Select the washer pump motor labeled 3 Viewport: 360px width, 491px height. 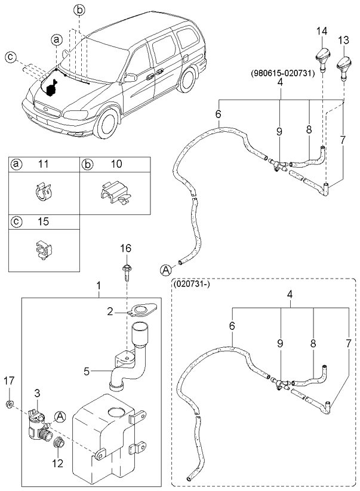click(37, 423)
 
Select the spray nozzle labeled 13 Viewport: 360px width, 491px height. click(344, 64)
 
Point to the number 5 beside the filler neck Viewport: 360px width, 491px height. click(87, 371)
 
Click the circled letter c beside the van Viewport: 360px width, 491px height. click(10, 57)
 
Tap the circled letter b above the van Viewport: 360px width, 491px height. click(80, 9)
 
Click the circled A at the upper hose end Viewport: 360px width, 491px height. click(164, 270)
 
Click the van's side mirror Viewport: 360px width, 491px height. click(130, 78)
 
